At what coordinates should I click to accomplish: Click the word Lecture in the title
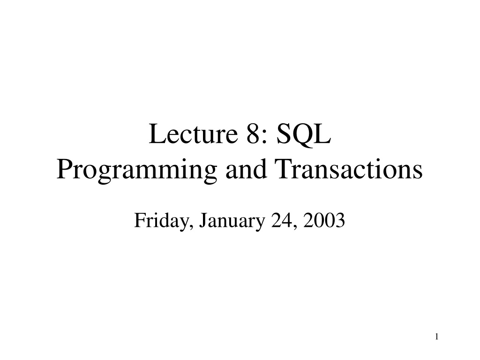coord(193,134)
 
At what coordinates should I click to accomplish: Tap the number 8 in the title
coord(253,134)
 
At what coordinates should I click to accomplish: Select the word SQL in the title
coord(304,135)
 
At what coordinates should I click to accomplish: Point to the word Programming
coord(137,170)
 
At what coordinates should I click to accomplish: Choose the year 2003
coord(324,220)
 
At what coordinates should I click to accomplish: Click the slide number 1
coord(437,337)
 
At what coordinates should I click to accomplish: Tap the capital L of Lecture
coord(157,134)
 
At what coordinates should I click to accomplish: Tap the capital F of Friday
coord(140,220)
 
